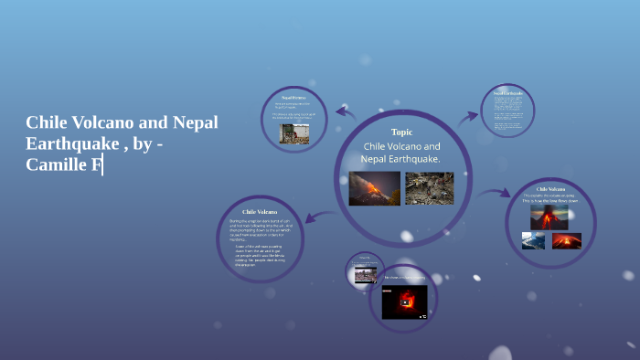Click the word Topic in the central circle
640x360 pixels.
pos(401,132)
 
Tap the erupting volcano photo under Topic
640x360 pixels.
pos(374,188)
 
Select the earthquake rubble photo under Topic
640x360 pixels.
pos(429,188)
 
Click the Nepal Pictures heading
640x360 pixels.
pos(293,97)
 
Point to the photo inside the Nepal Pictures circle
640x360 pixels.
pos(293,132)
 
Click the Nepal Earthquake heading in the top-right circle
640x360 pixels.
pos(507,92)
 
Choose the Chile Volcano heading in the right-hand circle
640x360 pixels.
pos(549,188)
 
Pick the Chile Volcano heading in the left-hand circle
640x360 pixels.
pos(260,211)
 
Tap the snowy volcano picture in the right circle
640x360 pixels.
pos(533,240)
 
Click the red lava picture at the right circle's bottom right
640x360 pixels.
pos(567,240)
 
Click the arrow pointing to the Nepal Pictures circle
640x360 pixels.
pos(345,112)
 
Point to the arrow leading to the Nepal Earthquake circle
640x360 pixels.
pos(468,116)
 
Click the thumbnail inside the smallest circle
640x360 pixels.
pos(365,273)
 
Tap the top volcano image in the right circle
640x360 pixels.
pos(549,217)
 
